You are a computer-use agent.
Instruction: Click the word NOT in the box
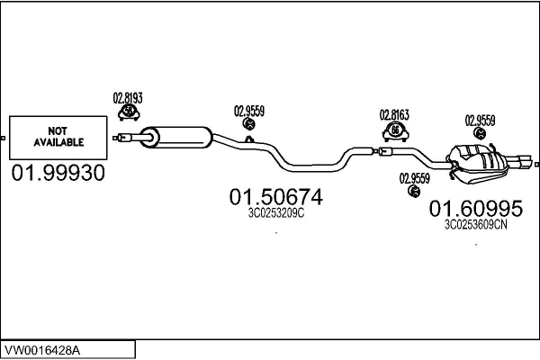tap(58, 131)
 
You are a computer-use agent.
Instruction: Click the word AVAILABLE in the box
tap(58, 142)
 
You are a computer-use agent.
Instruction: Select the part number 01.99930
tap(58, 172)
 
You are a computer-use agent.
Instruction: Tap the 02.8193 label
tap(128, 97)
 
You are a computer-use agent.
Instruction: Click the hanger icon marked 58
tap(129, 112)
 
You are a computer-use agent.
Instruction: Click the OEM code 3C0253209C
tap(276, 213)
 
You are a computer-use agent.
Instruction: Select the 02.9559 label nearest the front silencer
tap(249, 112)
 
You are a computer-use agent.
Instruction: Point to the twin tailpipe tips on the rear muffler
tap(520, 163)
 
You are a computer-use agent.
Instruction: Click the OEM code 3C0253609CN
tap(476, 226)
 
